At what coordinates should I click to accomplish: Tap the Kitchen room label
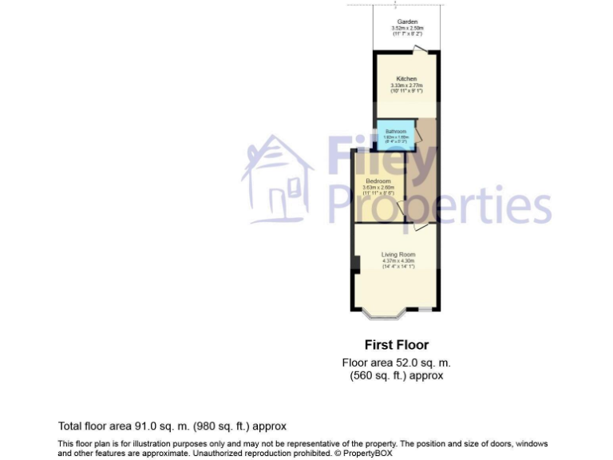tap(406, 79)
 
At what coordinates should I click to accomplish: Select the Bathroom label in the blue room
tap(396, 132)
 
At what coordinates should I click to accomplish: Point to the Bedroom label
tap(378, 181)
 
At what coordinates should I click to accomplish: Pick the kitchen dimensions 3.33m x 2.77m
tap(406, 86)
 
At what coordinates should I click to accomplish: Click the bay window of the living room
tap(384, 313)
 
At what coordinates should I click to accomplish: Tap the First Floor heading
tap(396, 345)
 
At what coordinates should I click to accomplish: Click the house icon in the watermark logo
tap(277, 180)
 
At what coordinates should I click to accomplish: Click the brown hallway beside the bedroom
tap(421, 184)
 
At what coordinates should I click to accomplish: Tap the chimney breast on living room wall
tap(355, 264)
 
